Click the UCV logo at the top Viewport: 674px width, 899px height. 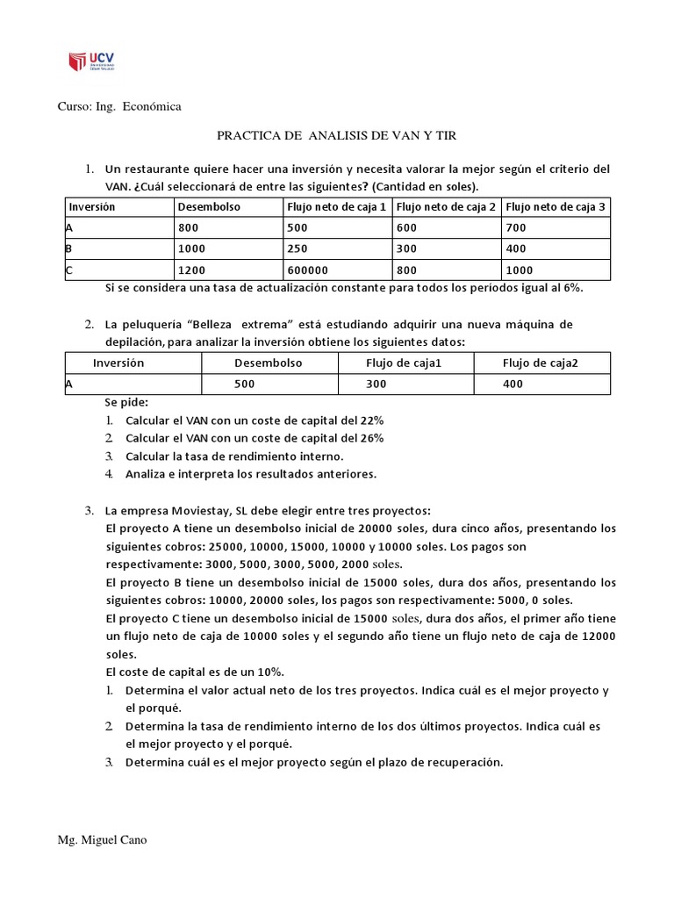pyautogui.click(x=91, y=61)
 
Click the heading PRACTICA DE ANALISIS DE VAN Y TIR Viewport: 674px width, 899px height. pyautogui.click(x=337, y=136)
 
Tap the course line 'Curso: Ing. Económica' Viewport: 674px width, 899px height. pyautogui.click(x=119, y=106)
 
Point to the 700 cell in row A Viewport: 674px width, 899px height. pyautogui.click(x=519, y=227)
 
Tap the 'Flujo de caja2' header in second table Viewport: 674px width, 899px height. pyautogui.click(x=541, y=363)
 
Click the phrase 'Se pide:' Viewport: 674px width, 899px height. pyautogui.click(x=126, y=401)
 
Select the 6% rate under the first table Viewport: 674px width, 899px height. pyautogui.click(x=572, y=287)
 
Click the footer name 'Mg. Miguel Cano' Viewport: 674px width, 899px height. pyautogui.click(x=103, y=840)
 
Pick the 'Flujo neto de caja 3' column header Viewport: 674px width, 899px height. pyautogui.click(x=556, y=207)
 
